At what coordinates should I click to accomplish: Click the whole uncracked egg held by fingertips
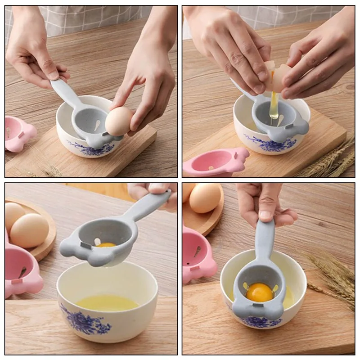click(119, 121)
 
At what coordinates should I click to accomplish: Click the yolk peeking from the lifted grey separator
click(106, 245)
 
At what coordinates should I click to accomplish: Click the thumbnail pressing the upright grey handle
click(265, 216)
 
